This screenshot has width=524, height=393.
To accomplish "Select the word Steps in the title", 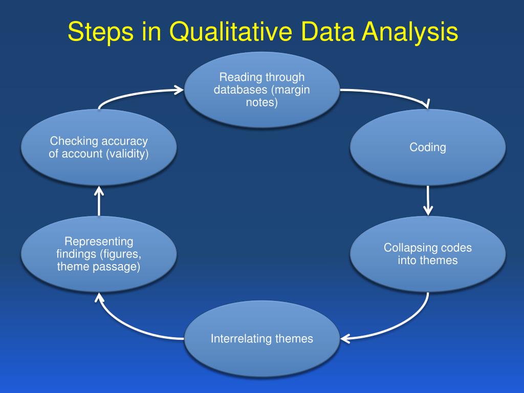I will [97, 32].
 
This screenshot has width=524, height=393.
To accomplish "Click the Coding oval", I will [428, 147].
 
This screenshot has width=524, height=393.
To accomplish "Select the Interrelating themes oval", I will [261, 338].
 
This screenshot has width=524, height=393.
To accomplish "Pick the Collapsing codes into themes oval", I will [428, 254].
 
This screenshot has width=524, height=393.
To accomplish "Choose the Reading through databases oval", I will [261, 90].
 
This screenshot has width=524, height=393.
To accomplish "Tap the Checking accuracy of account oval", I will [99, 147].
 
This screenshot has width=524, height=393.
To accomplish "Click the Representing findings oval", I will [99, 254].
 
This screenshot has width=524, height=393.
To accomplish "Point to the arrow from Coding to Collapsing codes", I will [428, 200].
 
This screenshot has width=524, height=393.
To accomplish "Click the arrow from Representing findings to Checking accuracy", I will [99, 201].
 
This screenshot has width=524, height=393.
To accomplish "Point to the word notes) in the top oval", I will [261, 102].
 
